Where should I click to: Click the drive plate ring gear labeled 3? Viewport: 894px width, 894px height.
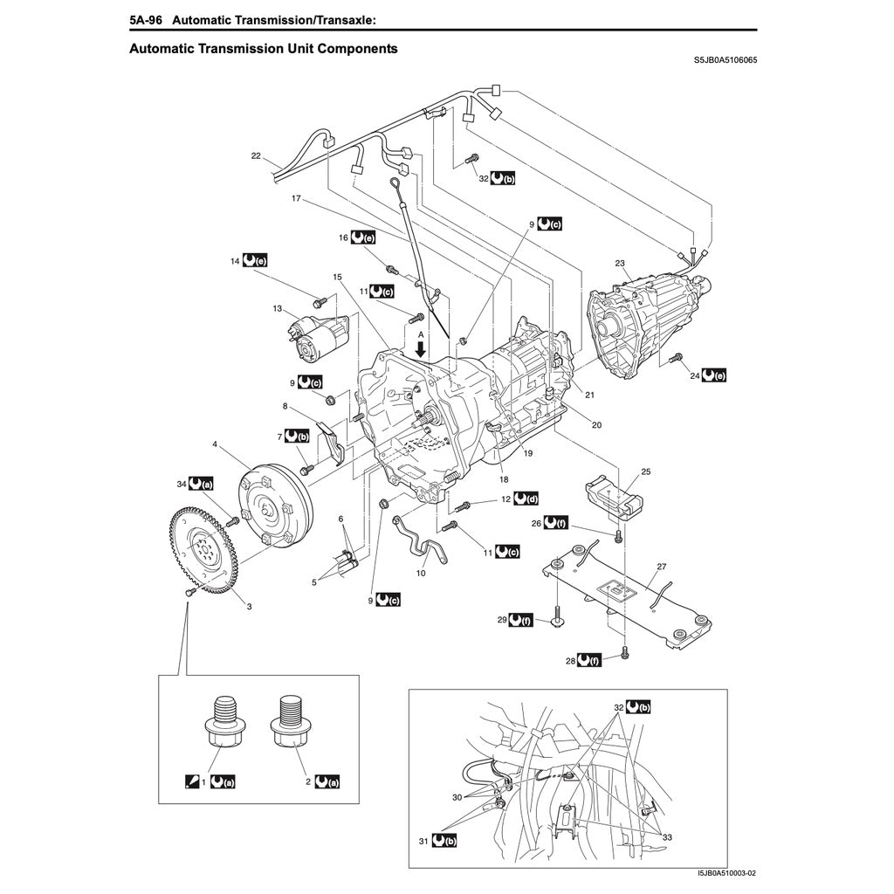coord(200,550)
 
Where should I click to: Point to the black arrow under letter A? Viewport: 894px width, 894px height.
coord(421,348)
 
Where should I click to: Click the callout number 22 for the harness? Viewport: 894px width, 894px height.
coord(256,156)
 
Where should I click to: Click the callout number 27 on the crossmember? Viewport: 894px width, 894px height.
coord(661,567)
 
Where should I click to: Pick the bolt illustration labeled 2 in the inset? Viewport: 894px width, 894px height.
coord(289,724)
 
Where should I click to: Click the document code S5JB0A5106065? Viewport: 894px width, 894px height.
coord(725,62)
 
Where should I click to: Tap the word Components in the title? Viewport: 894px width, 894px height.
coord(357,49)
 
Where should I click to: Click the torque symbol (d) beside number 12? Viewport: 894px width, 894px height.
coord(526,499)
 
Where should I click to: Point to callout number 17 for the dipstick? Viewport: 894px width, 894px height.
coord(296,199)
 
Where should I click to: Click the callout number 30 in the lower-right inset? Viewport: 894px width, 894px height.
coord(457,798)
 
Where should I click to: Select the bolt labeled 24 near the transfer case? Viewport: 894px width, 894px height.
coord(675,358)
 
